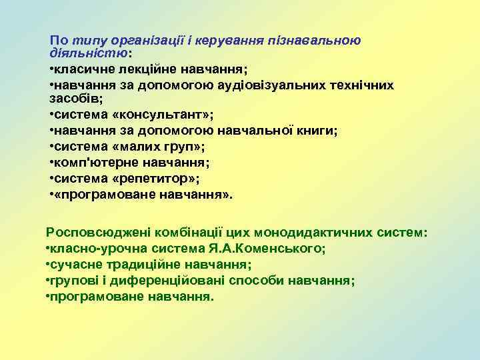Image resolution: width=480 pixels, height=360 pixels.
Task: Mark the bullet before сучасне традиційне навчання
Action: pyautogui.click(x=48, y=265)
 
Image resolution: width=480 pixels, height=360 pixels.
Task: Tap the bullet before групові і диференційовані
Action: pyautogui.click(x=48, y=280)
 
